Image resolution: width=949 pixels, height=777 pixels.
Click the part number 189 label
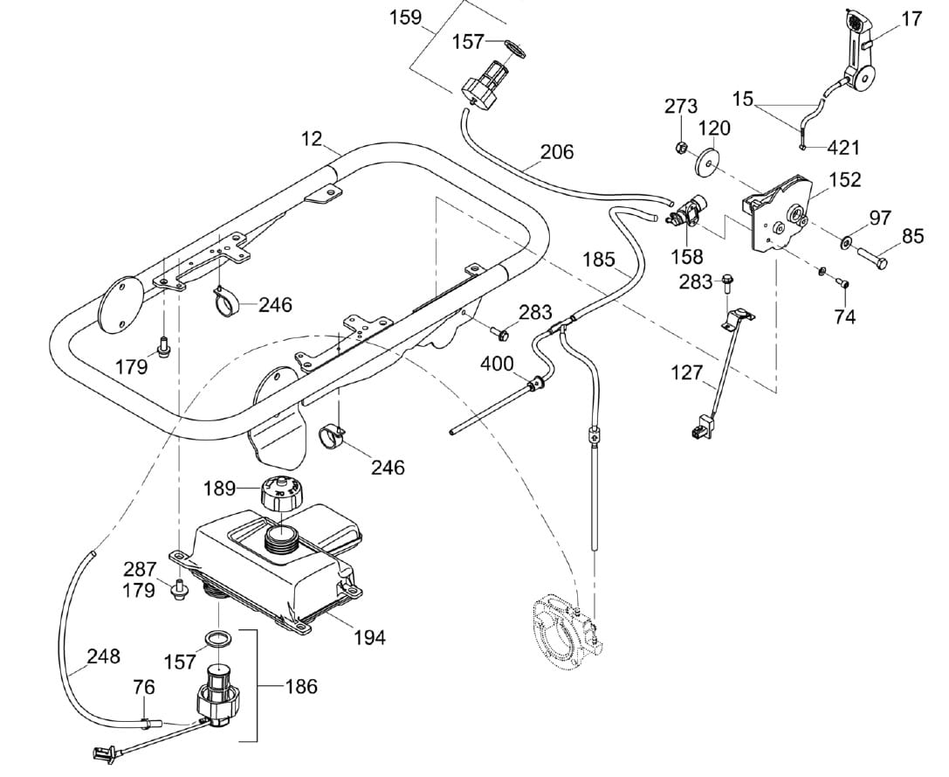tap(219, 488)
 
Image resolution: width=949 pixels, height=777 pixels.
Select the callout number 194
tap(369, 637)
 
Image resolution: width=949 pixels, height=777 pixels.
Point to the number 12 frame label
tap(312, 139)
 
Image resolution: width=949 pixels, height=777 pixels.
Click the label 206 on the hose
tap(557, 151)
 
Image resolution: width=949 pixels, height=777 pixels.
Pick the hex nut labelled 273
tap(680, 147)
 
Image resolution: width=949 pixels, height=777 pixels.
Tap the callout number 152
tap(845, 179)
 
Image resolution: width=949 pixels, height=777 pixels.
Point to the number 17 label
tap(911, 18)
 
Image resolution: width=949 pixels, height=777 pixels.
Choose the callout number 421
tap(843, 148)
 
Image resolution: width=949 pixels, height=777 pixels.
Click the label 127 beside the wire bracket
tap(686, 372)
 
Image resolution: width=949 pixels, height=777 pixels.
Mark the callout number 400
tap(497, 364)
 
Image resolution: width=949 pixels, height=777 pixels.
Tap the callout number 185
tap(599, 260)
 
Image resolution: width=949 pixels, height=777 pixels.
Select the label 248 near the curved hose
tap(104, 656)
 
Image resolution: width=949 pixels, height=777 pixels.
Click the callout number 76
tap(144, 687)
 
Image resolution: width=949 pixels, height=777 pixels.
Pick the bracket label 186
tap(301, 687)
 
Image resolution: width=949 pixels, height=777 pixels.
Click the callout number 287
tap(140, 570)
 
